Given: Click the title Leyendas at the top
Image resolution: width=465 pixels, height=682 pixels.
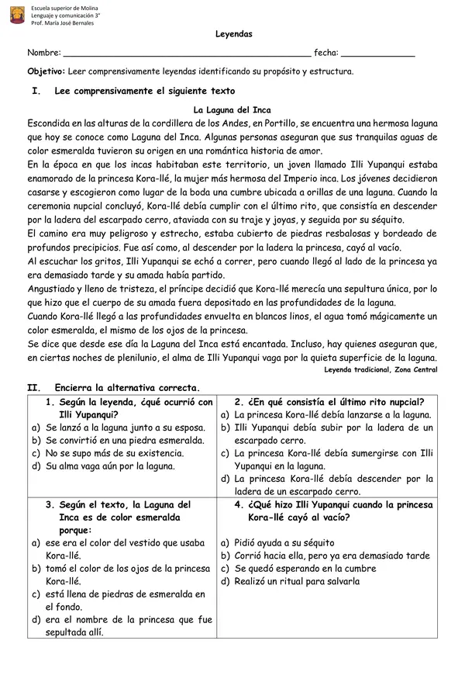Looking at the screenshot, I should [x=233, y=35].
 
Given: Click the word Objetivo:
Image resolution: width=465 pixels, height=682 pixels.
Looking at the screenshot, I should [x=46, y=71].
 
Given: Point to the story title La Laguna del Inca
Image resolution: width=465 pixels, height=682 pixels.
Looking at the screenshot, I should [x=232, y=110].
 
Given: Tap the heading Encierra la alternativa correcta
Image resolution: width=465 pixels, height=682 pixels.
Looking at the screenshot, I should [x=127, y=387].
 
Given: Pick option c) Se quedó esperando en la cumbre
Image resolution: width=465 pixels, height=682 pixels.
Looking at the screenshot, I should [x=307, y=569].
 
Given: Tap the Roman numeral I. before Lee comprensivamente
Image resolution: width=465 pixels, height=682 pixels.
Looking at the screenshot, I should [x=34, y=92].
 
